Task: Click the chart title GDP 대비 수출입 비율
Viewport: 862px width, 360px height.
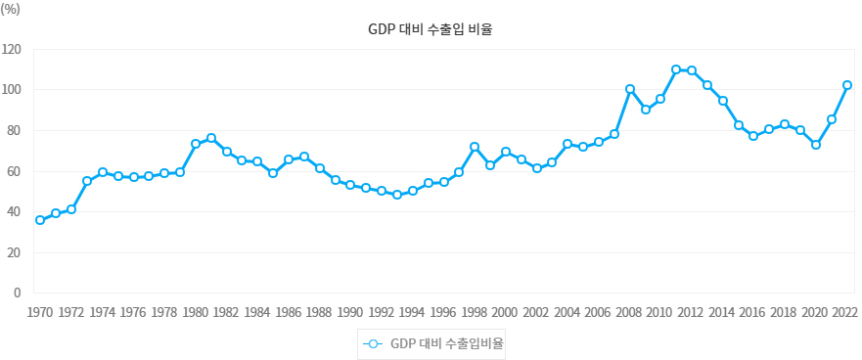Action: (431, 29)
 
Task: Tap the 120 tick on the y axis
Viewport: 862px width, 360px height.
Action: (12, 49)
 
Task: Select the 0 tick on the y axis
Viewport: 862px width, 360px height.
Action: (18, 292)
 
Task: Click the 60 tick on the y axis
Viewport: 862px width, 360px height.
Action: (14, 171)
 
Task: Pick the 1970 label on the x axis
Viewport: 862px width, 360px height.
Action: (40, 313)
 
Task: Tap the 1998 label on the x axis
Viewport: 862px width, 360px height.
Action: (475, 313)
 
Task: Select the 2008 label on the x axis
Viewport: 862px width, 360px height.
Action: (629, 313)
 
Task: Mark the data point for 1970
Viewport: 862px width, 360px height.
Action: (40, 220)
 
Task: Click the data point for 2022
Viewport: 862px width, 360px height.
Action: (847, 85)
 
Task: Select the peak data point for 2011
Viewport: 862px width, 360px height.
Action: (676, 69)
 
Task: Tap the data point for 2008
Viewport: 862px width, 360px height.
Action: (630, 89)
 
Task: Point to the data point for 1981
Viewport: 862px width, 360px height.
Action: (211, 138)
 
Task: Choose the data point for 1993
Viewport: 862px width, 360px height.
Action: (397, 195)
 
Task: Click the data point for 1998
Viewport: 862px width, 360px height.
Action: (475, 147)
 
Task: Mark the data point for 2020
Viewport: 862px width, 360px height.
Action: (816, 145)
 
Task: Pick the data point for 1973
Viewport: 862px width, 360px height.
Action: (87, 181)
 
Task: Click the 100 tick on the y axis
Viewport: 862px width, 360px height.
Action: (12, 90)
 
